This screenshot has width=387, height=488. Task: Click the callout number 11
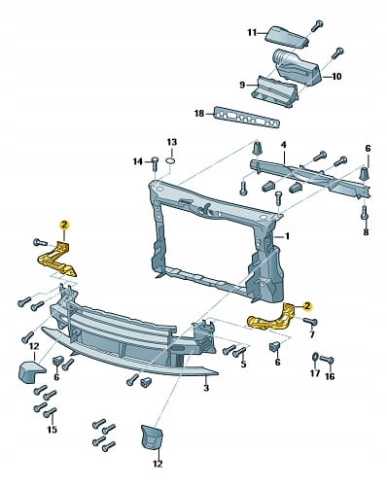click(x=252, y=33)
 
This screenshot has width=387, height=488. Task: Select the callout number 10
click(x=336, y=77)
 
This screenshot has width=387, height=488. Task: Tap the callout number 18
click(x=199, y=114)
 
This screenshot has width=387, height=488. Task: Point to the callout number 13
click(x=172, y=142)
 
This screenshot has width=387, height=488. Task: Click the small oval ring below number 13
click(x=172, y=160)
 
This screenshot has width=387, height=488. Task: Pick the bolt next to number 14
click(x=155, y=163)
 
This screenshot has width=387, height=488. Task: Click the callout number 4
click(x=283, y=145)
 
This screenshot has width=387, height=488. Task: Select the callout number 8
click(x=366, y=232)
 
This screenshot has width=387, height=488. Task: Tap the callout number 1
click(x=287, y=236)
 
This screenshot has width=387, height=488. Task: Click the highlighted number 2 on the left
click(x=64, y=225)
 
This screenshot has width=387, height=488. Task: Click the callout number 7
click(x=312, y=334)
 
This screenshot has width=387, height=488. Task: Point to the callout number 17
click(x=315, y=373)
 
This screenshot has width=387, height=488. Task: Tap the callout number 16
click(x=330, y=376)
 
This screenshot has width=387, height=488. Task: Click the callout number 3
click(x=206, y=387)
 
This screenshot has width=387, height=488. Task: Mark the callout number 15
click(x=52, y=430)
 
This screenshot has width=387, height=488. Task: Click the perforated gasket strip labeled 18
click(x=247, y=118)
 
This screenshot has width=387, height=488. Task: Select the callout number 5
click(x=243, y=364)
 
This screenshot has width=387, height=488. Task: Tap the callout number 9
click(x=242, y=85)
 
